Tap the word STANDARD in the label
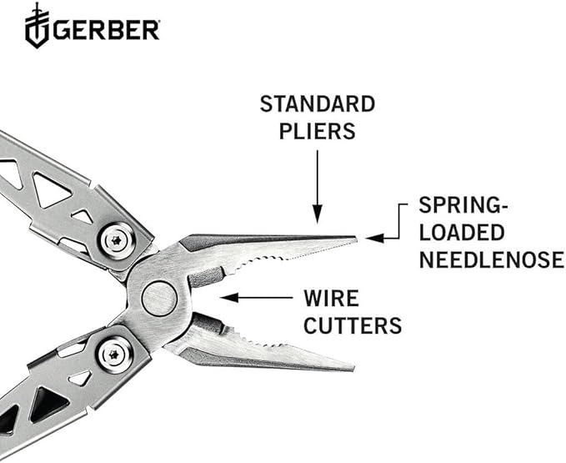click(318, 105)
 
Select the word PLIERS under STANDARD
click(318, 132)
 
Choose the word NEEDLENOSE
click(491, 260)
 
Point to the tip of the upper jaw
click(355, 239)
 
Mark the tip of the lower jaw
click(353, 368)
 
